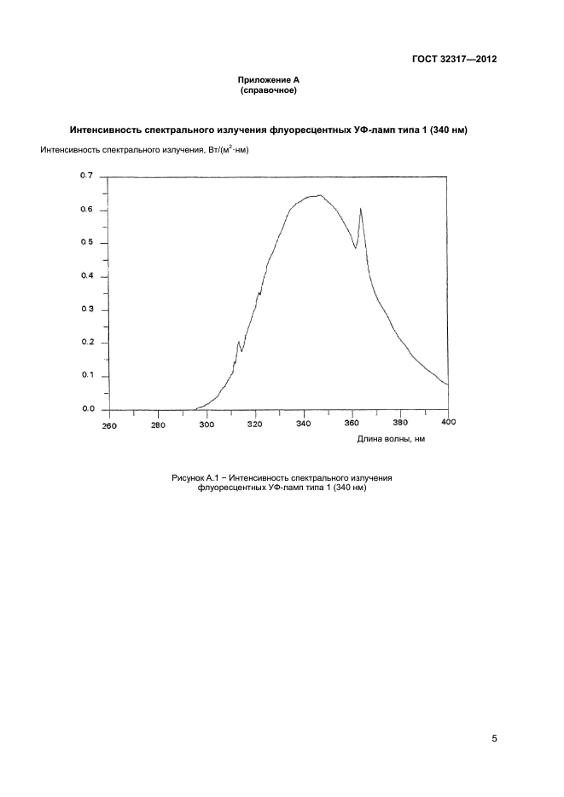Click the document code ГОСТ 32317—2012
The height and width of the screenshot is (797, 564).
pos(454,59)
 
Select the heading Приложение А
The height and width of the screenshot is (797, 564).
pos(269,80)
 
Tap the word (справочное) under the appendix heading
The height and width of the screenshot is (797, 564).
pos(269,91)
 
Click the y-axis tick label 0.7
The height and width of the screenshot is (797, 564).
pos(86,176)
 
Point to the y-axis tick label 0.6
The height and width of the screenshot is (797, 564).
pos(86,210)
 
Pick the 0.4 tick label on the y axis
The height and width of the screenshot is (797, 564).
pos(86,275)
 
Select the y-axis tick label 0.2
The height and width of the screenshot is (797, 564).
pos(86,342)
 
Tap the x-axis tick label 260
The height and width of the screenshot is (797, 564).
pos(109,426)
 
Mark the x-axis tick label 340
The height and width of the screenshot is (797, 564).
pos(304,423)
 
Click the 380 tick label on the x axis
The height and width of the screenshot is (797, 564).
pos(400,423)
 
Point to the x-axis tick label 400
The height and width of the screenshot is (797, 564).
pos(449,422)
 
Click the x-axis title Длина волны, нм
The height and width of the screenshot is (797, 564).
pos(391,439)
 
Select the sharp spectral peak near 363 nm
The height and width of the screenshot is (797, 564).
pos(361,208)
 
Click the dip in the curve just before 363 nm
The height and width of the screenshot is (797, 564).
pos(356,248)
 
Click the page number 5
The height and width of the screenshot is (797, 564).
pos(494,738)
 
